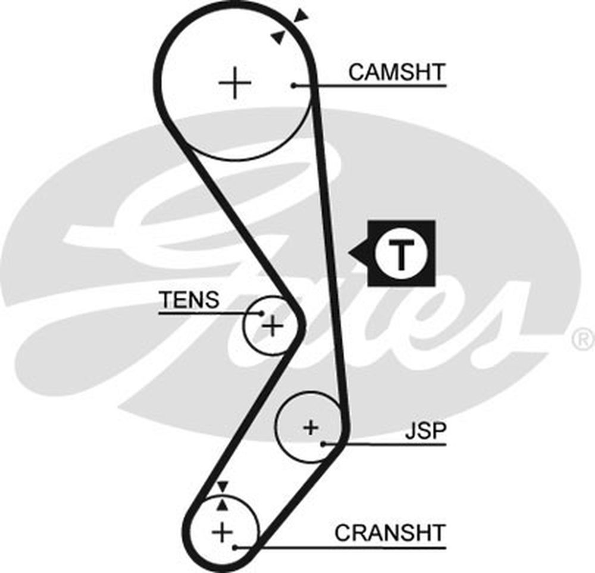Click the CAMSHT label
click(x=396, y=73)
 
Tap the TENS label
click(x=189, y=300)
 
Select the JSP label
click(x=425, y=431)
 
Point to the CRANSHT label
click(x=390, y=533)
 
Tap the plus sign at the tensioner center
click(x=272, y=325)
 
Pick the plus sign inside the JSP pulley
click(x=311, y=427)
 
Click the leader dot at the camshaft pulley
click(x=294, y=86)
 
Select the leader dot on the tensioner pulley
click(x=261, y=312)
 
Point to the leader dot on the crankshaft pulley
click(x=236, y=546)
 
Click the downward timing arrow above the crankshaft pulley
click(x=223, y=487)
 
